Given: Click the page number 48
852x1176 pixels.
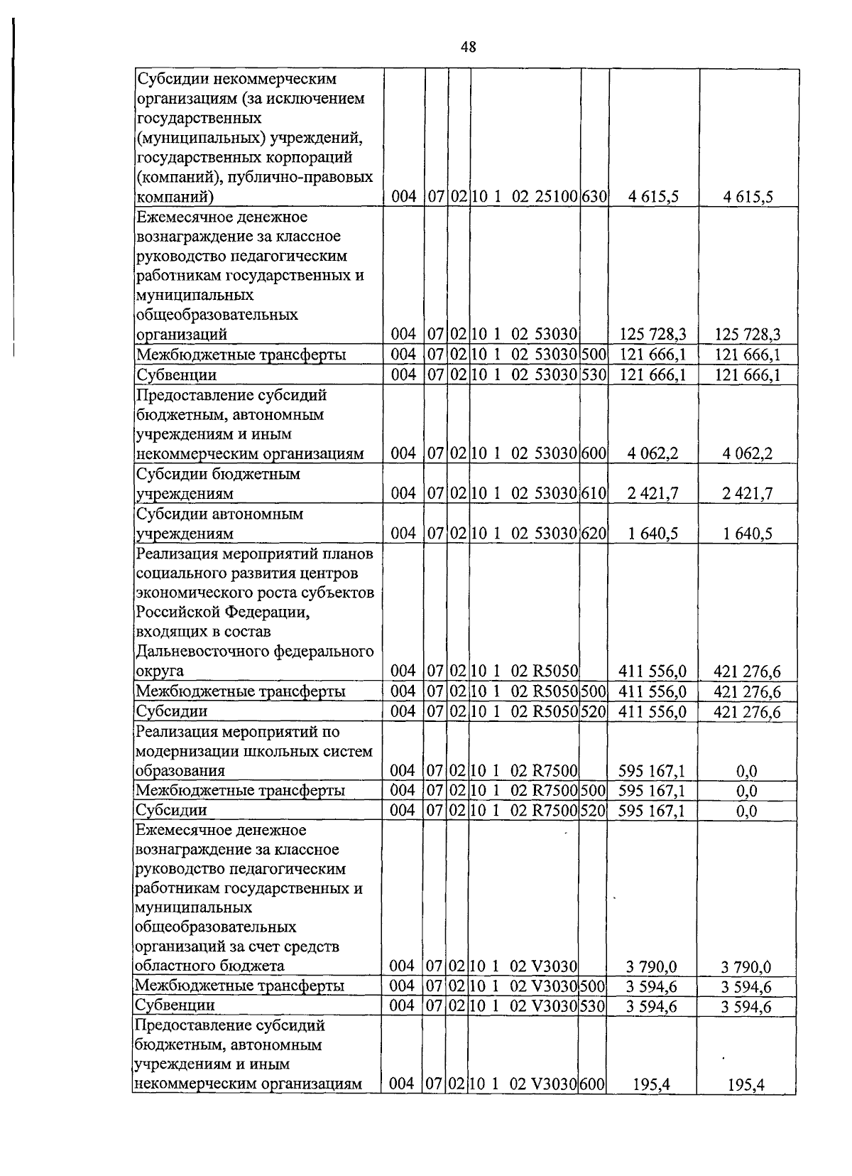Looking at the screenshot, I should click(x=468, y=47).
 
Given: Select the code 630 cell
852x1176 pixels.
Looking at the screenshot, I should click(x=593, y=197).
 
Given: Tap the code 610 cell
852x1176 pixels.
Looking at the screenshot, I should click(x=593, y=493).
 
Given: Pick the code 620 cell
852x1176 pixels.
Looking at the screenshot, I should click(x=593, y=533).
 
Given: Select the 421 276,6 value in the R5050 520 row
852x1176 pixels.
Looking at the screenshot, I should click(x=747, y=711).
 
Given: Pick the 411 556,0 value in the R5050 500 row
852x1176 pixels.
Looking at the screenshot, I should click(x=652, y=691).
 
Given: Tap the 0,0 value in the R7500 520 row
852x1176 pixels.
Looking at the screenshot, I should click(x=746, y=811).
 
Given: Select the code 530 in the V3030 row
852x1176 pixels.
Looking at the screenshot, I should click(x=593, y=1005).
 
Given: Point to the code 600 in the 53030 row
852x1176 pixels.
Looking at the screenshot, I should click(x=593, y=453).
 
